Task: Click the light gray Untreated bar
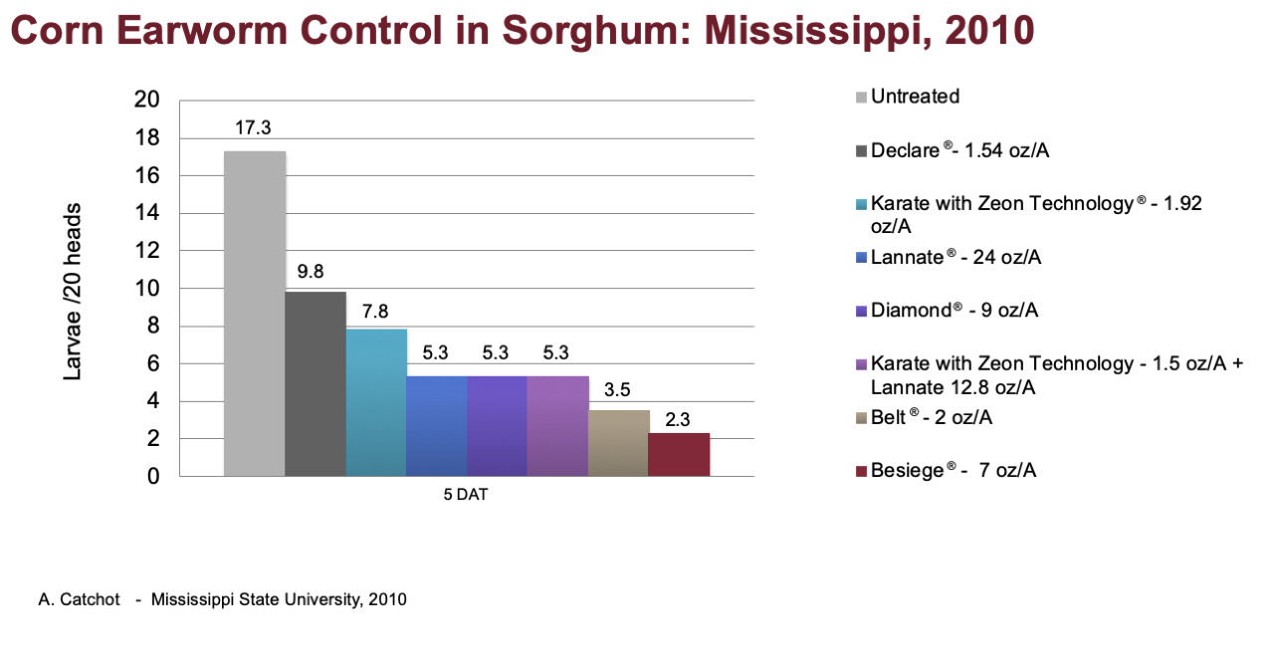254,314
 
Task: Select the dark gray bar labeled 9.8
316,384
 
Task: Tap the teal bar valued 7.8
376,403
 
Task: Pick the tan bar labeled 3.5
618,443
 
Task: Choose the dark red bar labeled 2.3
679,455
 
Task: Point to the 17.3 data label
253,128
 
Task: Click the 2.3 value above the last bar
678,420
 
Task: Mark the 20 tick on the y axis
146,100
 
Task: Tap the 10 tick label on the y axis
146,289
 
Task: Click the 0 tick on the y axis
153,476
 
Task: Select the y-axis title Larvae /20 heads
73,292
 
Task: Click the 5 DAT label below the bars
465,495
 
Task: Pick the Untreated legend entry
908,97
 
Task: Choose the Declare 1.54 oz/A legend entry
953,150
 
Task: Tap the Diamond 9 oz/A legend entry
947,311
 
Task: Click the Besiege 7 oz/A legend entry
946,471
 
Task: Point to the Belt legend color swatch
861,418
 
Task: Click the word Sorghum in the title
596,31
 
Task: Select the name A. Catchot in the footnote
79,599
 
